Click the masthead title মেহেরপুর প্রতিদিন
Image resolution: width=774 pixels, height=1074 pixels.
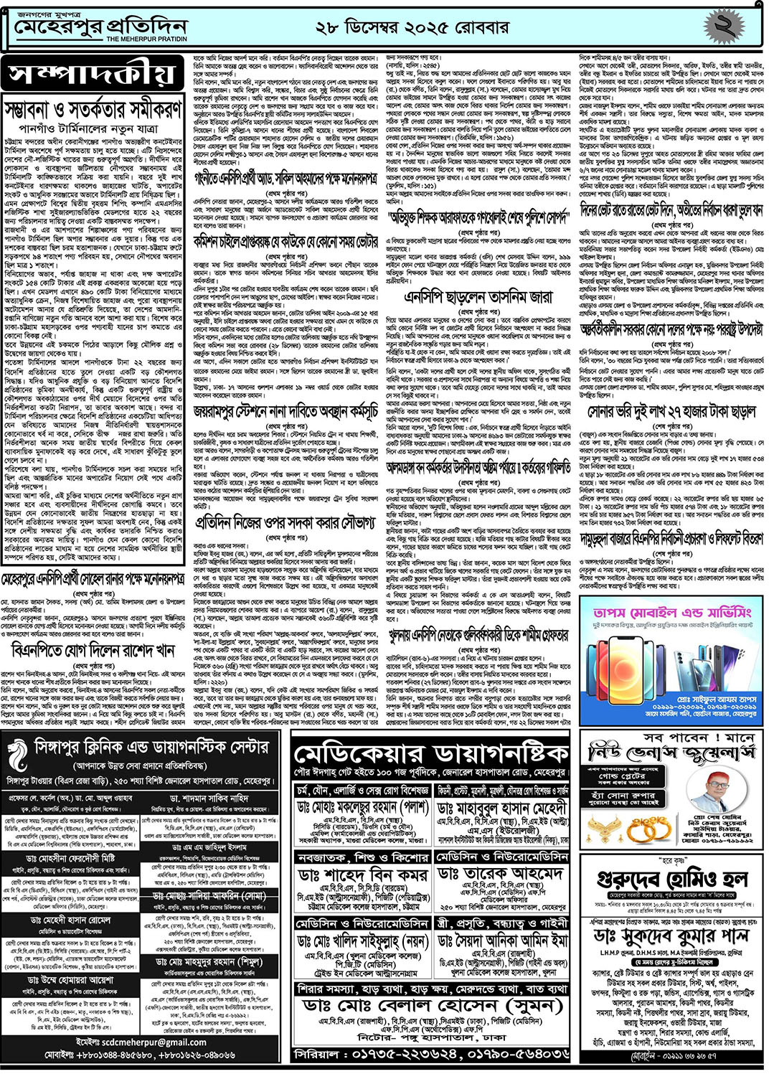pos(101,27)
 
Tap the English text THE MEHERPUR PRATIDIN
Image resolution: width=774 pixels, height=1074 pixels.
pos(146,39)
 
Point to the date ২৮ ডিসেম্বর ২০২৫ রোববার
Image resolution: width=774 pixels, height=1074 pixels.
pos(412,28)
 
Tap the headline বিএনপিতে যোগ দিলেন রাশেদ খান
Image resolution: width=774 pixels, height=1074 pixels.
pos(93,651)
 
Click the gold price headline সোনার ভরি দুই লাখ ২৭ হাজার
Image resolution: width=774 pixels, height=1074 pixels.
pos(672,413)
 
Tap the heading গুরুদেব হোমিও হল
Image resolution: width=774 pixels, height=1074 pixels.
pos(672,880)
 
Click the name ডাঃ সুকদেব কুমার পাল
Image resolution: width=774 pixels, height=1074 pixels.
pos(672,936)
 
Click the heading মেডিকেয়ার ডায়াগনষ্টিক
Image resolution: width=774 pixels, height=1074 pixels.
pos(431,755)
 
